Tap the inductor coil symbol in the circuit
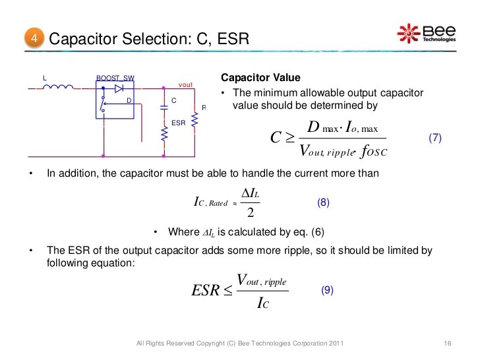tap(62, 87)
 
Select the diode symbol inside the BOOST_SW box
tap(119, 88)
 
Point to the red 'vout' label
tap(186, 85)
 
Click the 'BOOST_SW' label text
tap(115, 78)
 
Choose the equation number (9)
tap(328, 289)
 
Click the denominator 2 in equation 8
tap(251, 213)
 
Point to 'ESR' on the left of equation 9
tap(205, 290)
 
